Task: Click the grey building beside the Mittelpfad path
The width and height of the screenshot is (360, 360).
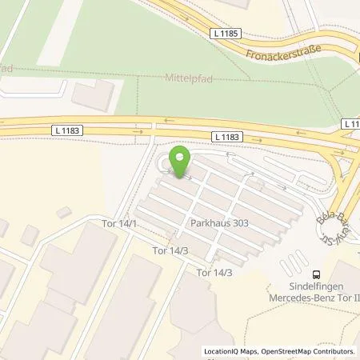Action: [94, 95]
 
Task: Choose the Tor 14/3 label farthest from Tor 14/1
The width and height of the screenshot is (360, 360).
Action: [214, 273]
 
